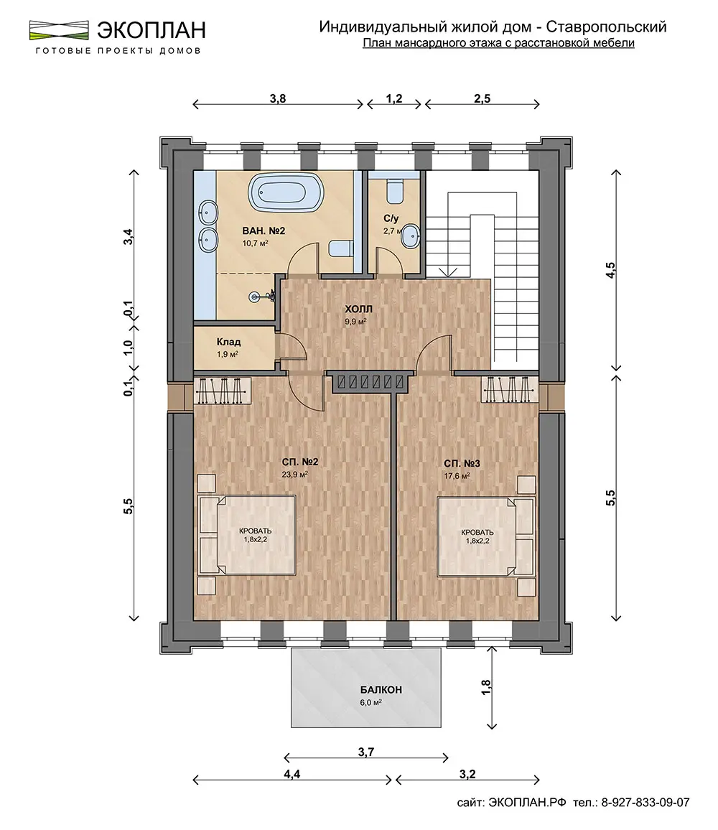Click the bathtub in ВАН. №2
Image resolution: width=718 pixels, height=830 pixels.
click(285, 192)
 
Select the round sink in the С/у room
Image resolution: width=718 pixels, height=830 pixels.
click(411, 236)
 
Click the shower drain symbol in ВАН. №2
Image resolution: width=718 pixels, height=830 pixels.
click(255, 297)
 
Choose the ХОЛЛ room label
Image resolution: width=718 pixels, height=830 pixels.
click(358, 309)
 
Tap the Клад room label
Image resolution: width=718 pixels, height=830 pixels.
click(229, 342)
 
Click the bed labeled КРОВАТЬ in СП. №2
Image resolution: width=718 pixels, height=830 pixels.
click(247, 535)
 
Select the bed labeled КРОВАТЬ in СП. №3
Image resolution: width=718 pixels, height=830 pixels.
click(485, 537)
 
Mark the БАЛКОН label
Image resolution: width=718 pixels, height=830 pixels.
click(381, 690)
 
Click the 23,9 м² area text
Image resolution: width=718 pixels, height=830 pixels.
click(295, 475)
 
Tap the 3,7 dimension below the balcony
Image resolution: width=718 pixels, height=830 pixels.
click(366, 752)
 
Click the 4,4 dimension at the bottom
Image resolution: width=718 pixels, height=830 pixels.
click(292, 774)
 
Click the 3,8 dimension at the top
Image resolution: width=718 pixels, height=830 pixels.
click(277, 98)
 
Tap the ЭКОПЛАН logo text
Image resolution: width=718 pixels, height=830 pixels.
click(151, 30)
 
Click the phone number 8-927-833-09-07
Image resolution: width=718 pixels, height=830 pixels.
click(645, 803)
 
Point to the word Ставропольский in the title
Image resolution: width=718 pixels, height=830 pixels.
click(606, 27)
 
